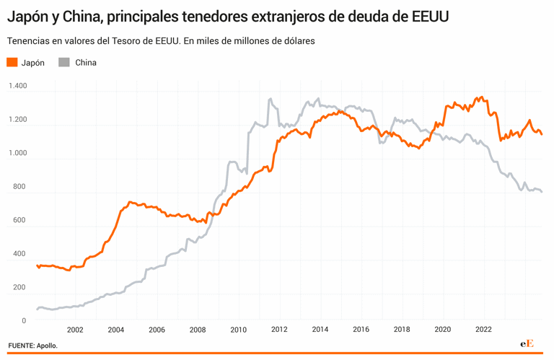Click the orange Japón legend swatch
[12, 63]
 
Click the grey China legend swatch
[64, 63]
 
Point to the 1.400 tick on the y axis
[17, 86]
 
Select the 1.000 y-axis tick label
[17, 153]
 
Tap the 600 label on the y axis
[19, 220]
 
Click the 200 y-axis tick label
[19, 287]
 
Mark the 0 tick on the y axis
[24, 320]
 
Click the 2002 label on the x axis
[75, 330]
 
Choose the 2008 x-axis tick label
[198, 330]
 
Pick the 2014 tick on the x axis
[320, 330]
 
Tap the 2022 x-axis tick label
[483, 330]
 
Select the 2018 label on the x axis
[402, 330]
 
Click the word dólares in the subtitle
[295, 41]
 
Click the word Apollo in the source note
[48, 346]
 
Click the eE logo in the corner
[527, 344]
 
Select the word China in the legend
[86, 63]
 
